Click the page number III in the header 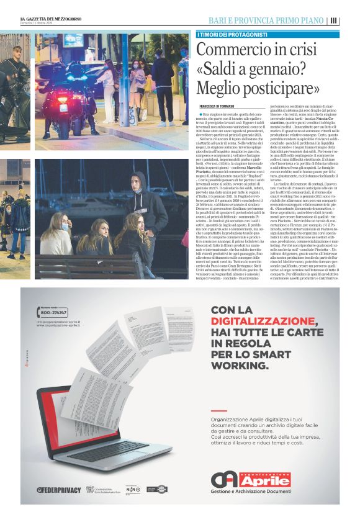[334, 20]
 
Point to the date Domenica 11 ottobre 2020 [43, 25]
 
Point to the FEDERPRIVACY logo [59, 490]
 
